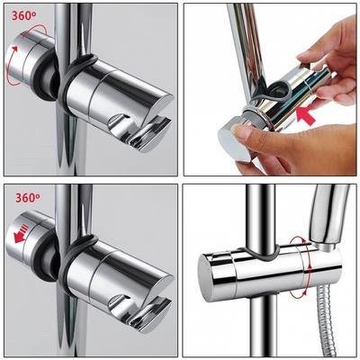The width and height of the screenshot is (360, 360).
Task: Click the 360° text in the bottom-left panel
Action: (27, 198)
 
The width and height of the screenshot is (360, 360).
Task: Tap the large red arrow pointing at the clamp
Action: (305, 116)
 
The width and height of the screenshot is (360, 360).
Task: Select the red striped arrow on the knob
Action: (22, 233)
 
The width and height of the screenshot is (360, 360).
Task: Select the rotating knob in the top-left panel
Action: (29, 58)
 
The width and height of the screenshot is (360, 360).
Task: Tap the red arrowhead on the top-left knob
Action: (15, 48)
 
